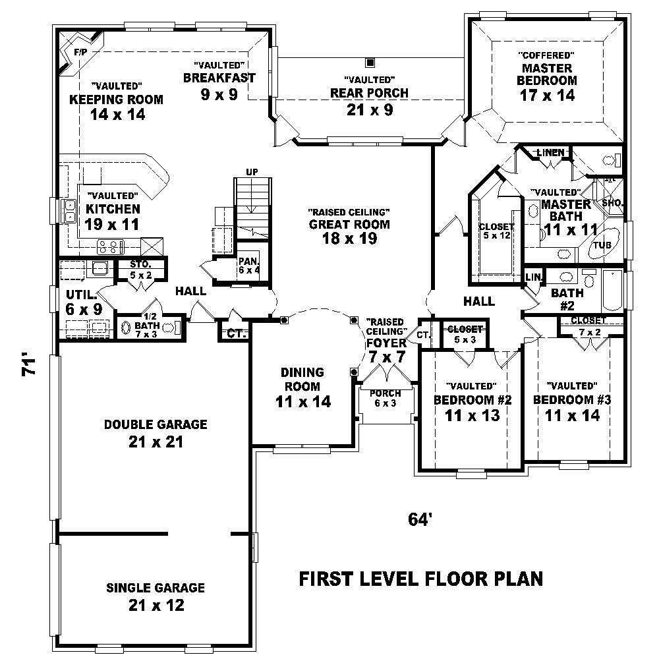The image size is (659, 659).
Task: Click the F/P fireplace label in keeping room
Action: click(80, 52)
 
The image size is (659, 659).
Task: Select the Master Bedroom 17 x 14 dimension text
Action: click(546, 95)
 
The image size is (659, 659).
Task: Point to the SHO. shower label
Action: click(612, 203)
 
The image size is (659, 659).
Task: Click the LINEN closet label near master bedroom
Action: click(550, 153)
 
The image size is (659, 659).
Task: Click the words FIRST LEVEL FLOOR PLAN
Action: click(421, 579)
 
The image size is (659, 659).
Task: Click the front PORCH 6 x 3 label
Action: click(385, 399)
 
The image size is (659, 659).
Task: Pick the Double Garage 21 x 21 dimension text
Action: click(155, 442)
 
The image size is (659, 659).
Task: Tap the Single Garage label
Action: click(155, 588)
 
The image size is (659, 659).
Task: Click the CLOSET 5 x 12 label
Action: click(496, 231)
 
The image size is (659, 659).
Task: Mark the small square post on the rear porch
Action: click(370, 63)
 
